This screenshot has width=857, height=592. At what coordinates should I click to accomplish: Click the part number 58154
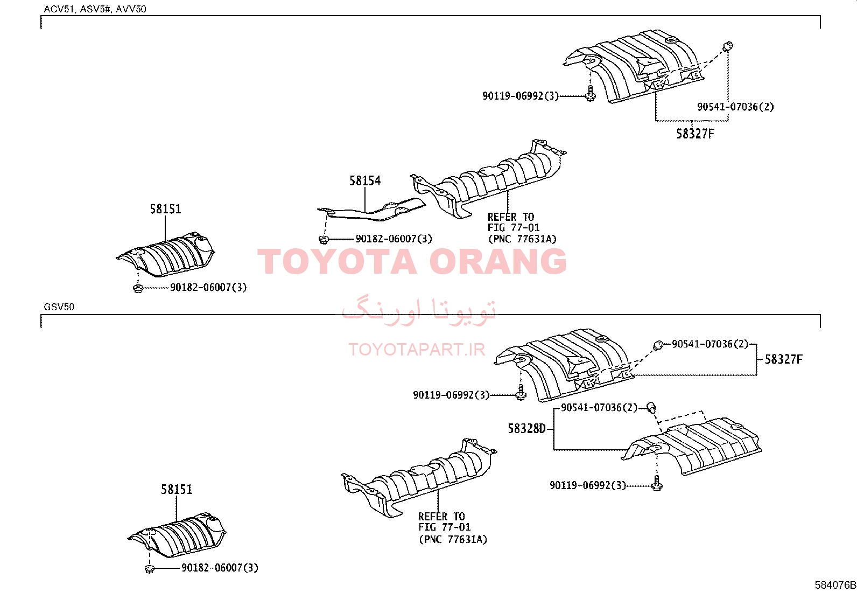tap(365, 181)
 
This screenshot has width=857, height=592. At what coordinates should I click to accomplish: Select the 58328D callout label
tap(527, 428)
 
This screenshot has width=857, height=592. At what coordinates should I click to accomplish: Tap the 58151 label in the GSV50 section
tap(177, 489)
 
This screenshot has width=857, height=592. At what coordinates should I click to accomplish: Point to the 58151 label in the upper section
tap(165, 209)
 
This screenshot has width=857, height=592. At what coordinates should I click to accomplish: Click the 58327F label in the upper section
tap(695, 134)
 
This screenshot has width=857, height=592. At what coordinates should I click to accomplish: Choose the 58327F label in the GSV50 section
tap(784, 359)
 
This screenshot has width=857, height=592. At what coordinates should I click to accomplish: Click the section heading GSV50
tap(59, 307)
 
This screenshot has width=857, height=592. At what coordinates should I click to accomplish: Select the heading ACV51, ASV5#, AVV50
tap(95, 9)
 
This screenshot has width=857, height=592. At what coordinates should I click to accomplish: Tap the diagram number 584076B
tap(835, 584)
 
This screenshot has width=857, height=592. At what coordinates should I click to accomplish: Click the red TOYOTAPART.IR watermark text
tap(417, 350)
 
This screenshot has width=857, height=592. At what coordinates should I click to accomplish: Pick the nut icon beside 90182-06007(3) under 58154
tap(324, 239)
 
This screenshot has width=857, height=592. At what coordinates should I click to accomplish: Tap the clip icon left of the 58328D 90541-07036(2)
tap(651, 407)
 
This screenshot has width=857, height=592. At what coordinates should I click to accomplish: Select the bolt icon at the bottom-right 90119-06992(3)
tap(657, 483)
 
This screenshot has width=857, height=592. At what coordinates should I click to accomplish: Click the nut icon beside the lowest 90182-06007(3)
tap(150, 569)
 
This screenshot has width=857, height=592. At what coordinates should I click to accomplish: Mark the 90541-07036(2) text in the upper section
tap(735, 107)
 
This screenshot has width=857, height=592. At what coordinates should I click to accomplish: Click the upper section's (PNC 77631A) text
tap(522, 239)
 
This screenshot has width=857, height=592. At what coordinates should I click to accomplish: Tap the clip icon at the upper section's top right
tap(728, 46)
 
